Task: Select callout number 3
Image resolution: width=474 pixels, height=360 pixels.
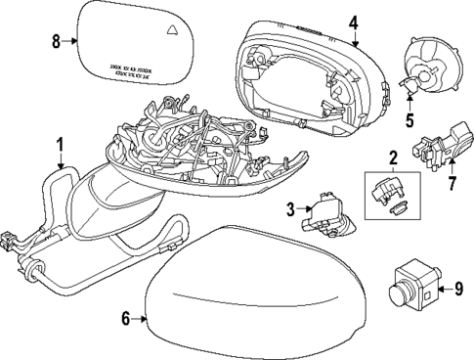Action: click(x=290, y=207)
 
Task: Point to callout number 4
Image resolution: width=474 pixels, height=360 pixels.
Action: click(x=354, y=21)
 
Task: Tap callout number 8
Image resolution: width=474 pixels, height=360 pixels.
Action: click(x=56, y=40)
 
